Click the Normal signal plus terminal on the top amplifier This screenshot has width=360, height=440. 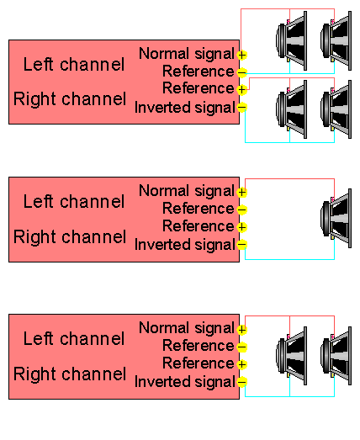[241, 55]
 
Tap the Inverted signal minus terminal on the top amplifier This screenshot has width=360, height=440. [241, 107]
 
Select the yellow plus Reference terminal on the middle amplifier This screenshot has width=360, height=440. [241, 227]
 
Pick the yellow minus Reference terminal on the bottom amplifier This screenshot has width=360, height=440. [241, 347]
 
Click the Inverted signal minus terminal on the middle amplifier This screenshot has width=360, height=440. [241, 244]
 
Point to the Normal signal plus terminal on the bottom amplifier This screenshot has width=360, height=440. [241, 330]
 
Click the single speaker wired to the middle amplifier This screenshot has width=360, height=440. [336, 218]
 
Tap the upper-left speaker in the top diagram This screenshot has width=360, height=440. [292, 41]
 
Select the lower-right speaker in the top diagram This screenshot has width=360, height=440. [336, 109]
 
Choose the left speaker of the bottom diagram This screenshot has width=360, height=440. [292, 356]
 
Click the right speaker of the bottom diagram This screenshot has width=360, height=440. [336, 356]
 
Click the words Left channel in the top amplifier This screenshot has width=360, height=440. [74, 64]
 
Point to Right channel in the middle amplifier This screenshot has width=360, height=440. [70, 237]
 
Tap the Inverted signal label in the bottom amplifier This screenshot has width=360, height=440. [185, 382]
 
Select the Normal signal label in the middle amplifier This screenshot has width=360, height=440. [187, 191]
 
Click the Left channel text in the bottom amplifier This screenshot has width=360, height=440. [74, 338]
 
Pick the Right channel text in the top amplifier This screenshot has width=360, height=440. [70, 99]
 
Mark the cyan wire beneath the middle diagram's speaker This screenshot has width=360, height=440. [289, 259]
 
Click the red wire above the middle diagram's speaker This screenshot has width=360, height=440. [289, 178]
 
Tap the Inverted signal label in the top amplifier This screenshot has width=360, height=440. [185, 108]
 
